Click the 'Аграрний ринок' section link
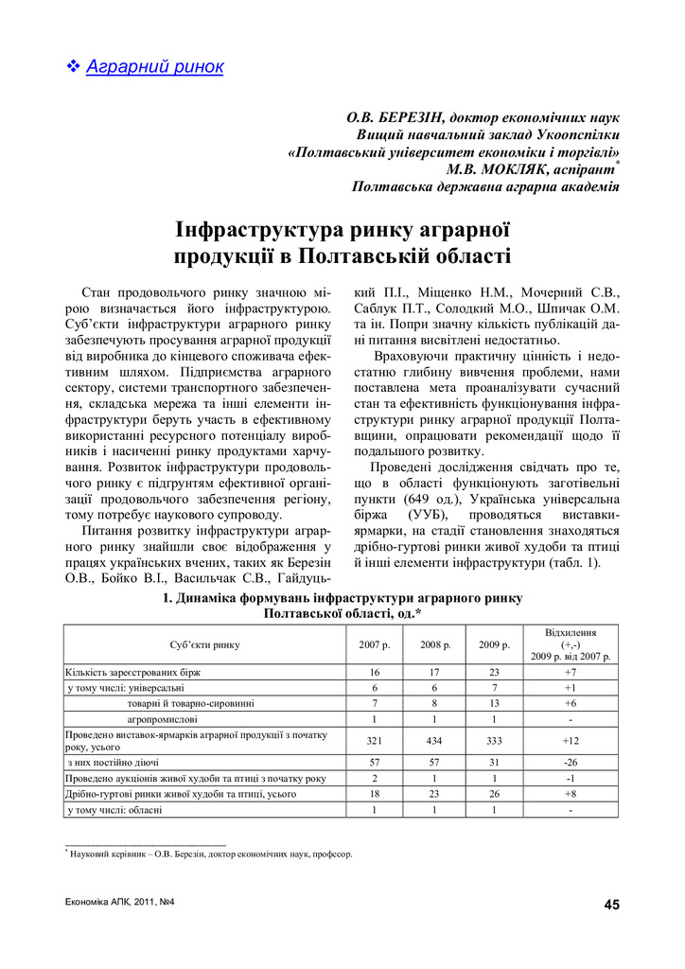tap(154, 66)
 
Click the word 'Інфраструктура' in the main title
tap(261, 231)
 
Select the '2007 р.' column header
tap(374, 644)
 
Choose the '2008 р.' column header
tap(434, 644)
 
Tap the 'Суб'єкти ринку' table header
tap(204, 644)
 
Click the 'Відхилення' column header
tap(571, 632)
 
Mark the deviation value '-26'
tap(571, 762)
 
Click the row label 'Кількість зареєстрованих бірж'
tap(132, 672)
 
